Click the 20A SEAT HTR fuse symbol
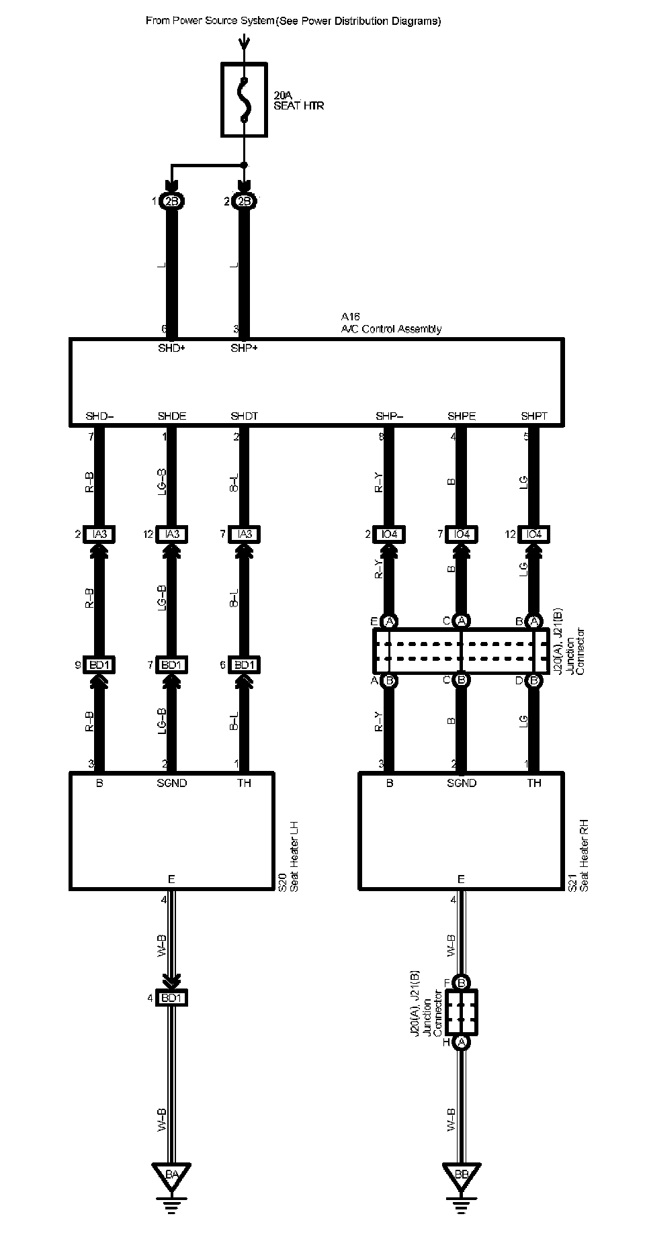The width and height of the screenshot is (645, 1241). pos(244,100)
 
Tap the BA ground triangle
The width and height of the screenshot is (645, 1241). pos(171,1175)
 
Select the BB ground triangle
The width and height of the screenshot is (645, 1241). pos(461,1175)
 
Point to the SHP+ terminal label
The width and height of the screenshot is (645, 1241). pos(244,348)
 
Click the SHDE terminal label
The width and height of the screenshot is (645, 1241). pos(171,416)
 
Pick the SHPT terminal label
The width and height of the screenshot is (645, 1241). pos(534,416)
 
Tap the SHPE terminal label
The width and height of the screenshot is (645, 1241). pos(462,416)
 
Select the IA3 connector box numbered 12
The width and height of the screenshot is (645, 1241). pos(171,535)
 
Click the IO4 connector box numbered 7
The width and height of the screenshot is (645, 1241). pos(462,535)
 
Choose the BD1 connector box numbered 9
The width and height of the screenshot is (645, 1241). pos(99,665)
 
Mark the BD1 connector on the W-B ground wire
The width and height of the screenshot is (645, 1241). pos(171,998)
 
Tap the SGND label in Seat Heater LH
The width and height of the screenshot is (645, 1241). pos(171,783)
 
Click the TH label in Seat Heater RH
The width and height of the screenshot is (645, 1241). pos(534,783)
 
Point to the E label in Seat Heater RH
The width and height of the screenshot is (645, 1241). pos(461,879)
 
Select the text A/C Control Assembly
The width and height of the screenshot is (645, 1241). pos(391,329)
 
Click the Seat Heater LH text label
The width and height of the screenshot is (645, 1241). pos(293,856)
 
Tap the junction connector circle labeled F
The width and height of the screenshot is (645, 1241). pos(461,982)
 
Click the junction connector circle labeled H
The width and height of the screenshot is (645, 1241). pos(461,1042)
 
